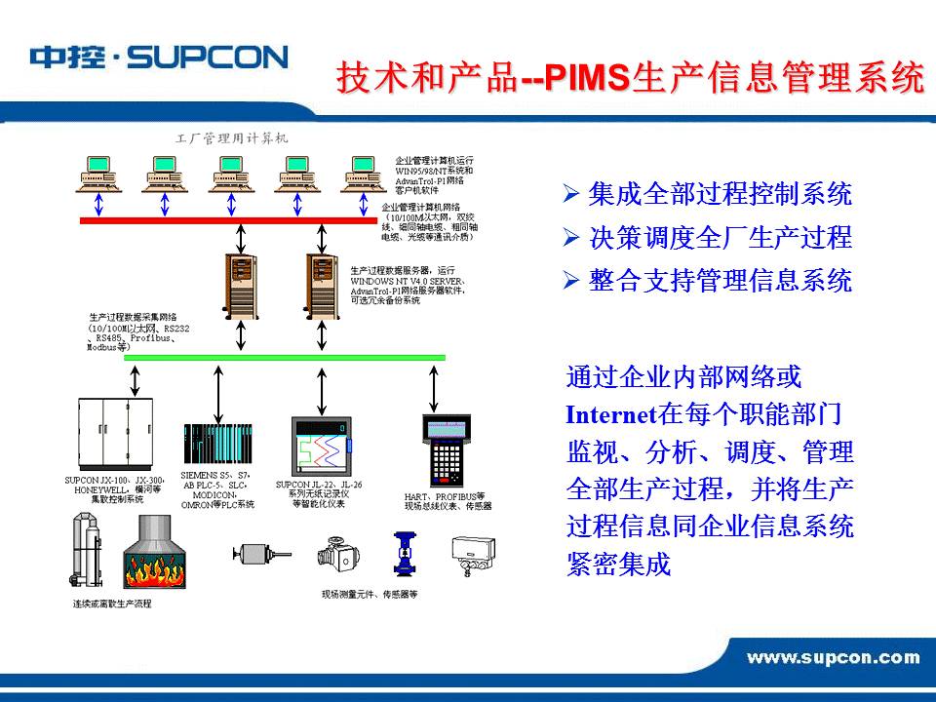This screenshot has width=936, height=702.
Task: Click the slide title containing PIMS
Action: [630, 78]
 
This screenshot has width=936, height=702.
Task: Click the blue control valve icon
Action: [403, 553]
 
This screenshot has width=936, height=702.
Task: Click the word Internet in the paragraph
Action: [610, 414]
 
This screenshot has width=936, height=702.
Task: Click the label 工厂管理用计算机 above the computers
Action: [231, 138]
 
